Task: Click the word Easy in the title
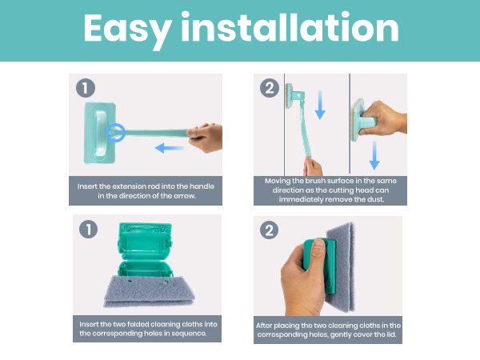click(127, 29)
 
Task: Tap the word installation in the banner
click(290, 26)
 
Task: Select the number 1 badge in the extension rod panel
click(86, 88)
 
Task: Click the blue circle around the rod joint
click(116, 133)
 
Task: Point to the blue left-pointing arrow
click(170, 148)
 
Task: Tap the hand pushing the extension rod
click(206, 138)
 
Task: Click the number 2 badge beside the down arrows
click(270, 88)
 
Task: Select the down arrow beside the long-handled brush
click(320, 105)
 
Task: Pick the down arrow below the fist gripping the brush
click(374, 155)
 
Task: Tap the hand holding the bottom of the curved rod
click(313, 166)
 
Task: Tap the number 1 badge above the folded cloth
click(89, 230)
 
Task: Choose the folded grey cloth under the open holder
click(149, 291)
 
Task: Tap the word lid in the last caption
click(391, 334)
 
